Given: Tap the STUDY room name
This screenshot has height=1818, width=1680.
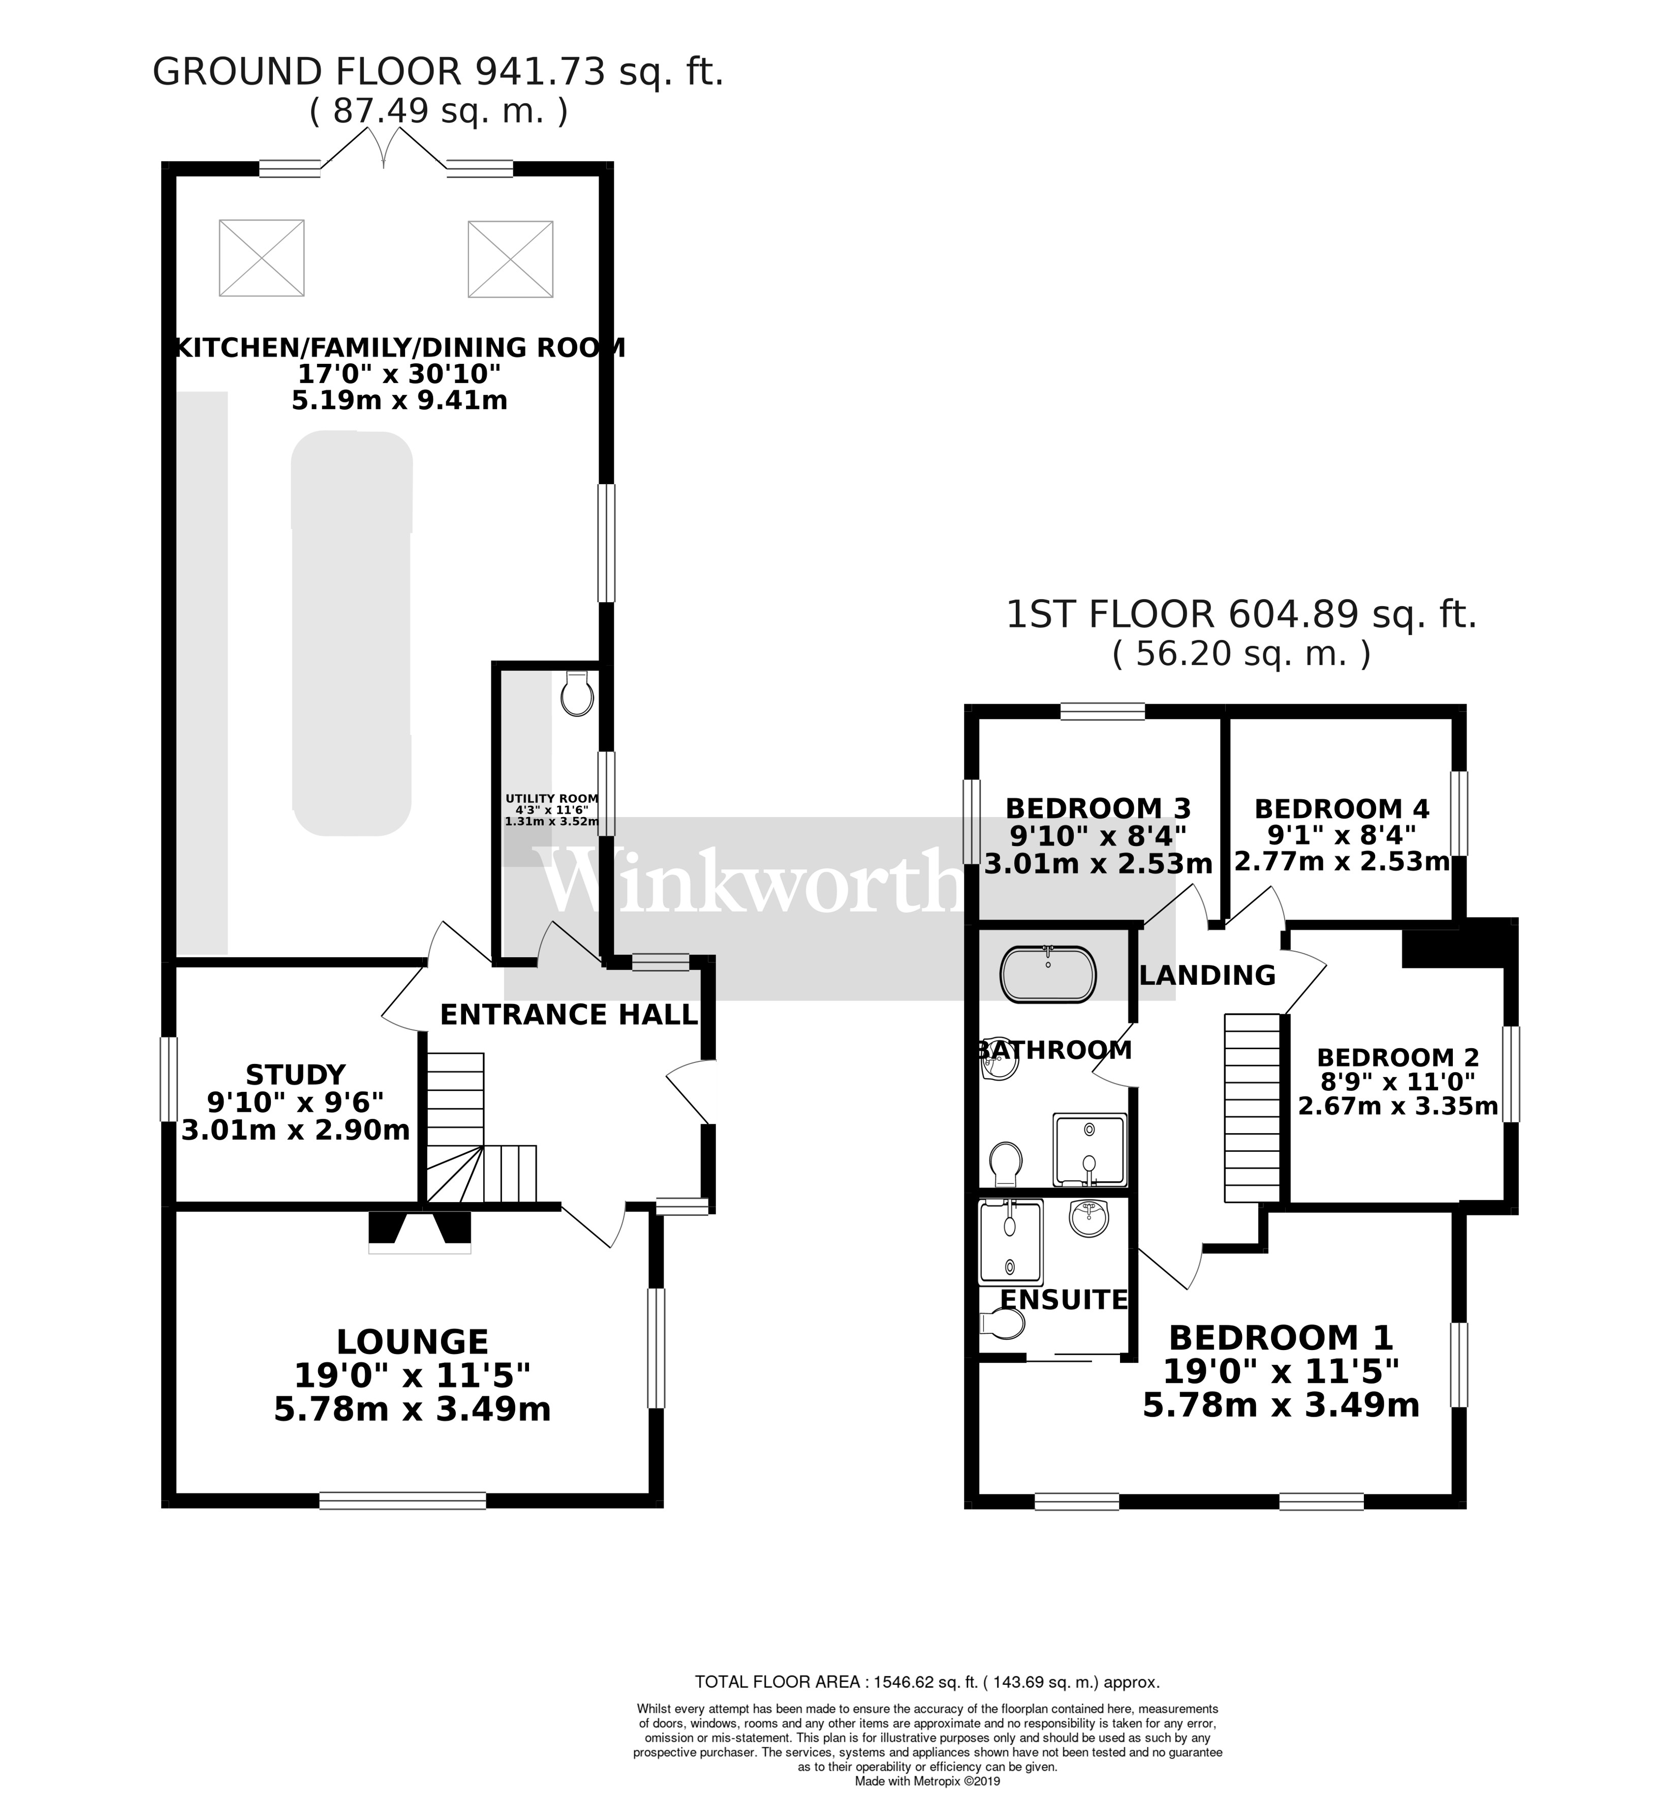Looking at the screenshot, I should point(295,1075).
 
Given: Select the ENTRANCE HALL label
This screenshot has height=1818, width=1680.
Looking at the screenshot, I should point(569,1015).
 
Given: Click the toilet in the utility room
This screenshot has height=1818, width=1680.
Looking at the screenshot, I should point(577,696).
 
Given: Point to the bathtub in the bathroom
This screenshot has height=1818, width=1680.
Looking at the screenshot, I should point(1048,975).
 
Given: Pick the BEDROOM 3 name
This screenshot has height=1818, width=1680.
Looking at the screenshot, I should point(1098,807).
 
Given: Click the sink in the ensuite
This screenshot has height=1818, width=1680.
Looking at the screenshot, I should point(1088,1218).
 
